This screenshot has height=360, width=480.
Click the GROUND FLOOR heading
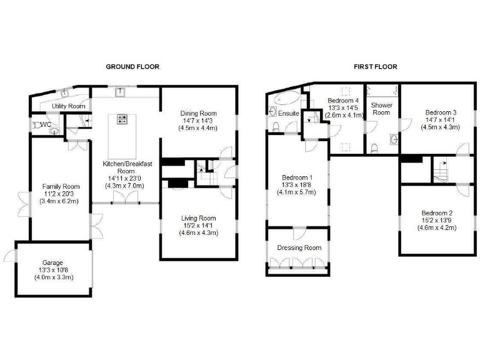(x=132, y=66)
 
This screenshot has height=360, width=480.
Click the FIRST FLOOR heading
(x=375, y=66)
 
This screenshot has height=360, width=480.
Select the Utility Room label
(x=68, y=106)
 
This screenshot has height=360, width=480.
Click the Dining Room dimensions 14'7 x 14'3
(x=198, y=121)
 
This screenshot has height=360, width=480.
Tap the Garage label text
(x=53, y=263)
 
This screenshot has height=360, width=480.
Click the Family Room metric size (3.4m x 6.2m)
(x=61, y=201)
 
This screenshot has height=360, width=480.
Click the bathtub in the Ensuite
(x=286, y=99)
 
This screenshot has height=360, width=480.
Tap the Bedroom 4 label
(x=344, y=100)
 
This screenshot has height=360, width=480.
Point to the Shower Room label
(x=381, y=109)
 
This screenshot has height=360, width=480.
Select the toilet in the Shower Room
(x=374, y=148)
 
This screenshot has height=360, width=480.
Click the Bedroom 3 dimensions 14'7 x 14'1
(x=440, y=119)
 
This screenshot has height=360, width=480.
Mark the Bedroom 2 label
(x=437, y=212)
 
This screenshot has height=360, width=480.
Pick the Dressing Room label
(x=299, y=247)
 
